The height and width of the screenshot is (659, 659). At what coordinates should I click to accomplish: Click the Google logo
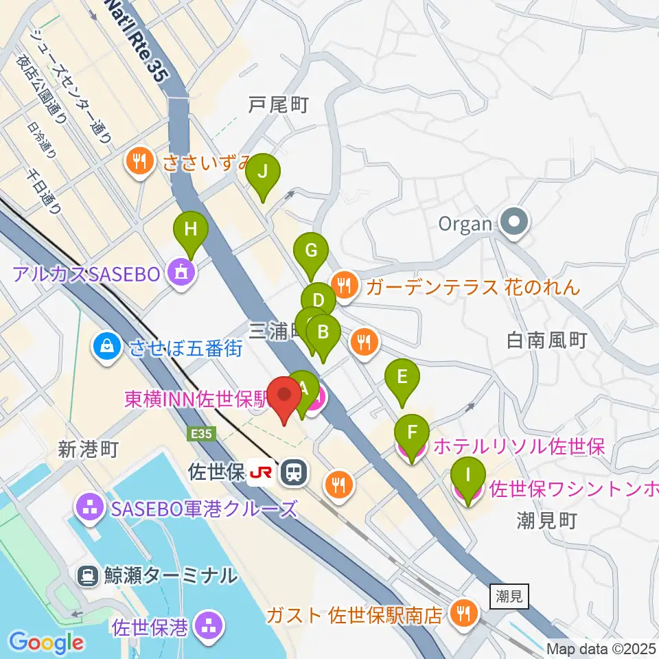(46, 643)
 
